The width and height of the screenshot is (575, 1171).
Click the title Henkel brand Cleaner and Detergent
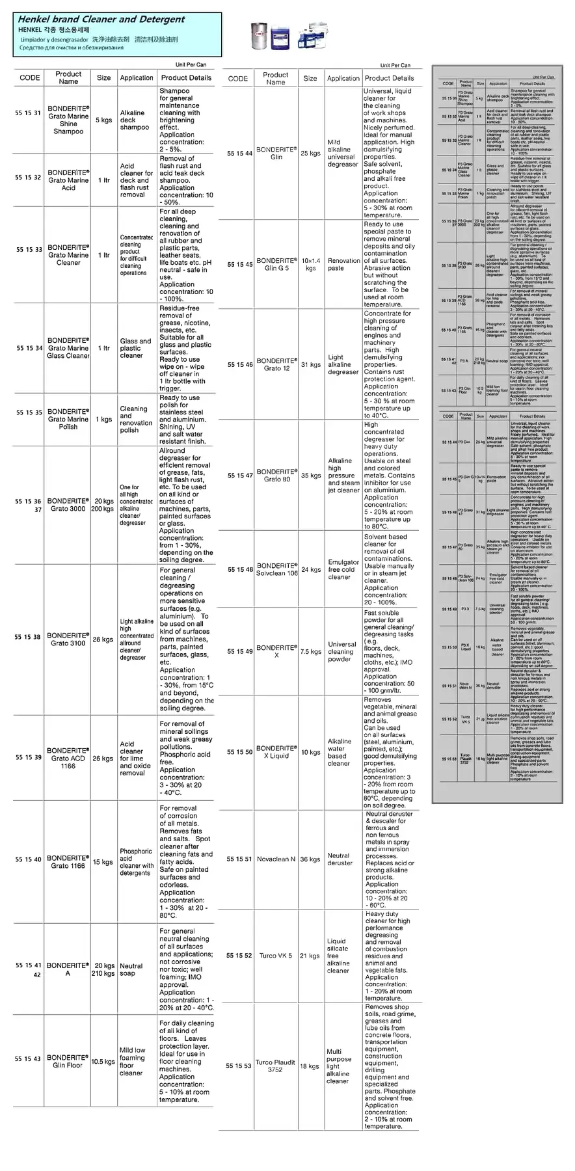pyautogui.click(x=101, y=20)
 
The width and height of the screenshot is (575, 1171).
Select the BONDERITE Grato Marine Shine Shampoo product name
pyautogui.click(x=68, y=120)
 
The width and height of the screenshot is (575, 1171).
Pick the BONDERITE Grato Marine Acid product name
pyautogui.click(x=68, y=180)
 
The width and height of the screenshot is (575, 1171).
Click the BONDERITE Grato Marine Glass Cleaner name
pyautogui.click(x=68, y=348)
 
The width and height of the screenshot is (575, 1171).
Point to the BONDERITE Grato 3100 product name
pyautogui.click(x=68, y=639)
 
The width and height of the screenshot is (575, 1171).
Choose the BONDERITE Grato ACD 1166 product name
pyautogui.click(x=68, y=758)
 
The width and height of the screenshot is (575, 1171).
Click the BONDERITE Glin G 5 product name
pyautogui.click(x=276, y=264)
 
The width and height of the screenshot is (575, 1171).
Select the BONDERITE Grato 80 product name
pyautogui.click(x=276, y=475)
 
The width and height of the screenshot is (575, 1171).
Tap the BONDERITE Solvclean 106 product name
pyautogui.click(x=276, y=569)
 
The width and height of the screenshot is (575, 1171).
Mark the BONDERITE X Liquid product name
pyautogui.click(x=276, y=752)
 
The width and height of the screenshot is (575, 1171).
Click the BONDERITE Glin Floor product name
pyautogui.click(x=68, y=1061)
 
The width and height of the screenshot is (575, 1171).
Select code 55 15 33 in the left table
pyautogui.click(x=29, y=250)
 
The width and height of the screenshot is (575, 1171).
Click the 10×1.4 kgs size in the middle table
pyautogui.click(x=311, y=264)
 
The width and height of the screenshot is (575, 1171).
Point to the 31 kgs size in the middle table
pyautogui.click(x=311, y=365)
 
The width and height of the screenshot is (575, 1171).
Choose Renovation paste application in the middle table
pyautogui.click(x=343, y=264)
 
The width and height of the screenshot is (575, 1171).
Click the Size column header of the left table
pyautogui.click(x=104, y=77)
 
